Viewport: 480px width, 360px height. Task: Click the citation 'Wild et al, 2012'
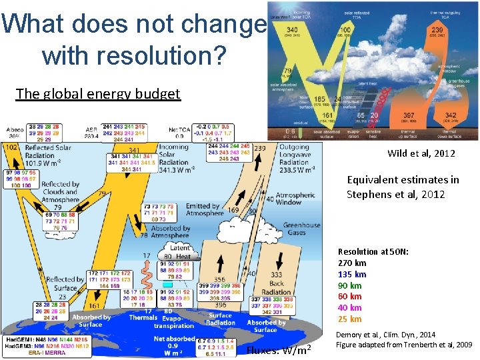(x=421, y=154)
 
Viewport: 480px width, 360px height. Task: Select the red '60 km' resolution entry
(x=350, y=297)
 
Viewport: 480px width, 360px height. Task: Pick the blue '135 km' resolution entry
(x=352, y=274)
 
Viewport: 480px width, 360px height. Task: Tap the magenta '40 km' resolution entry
(x=350, y=308)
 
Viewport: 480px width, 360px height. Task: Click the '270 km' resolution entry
(x=352, y=263)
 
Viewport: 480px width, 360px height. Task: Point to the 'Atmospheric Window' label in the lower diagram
(x=298, y=198)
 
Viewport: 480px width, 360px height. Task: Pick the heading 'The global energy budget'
(x=98, y=93)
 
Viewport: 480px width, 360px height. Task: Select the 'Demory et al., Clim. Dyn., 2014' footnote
(x=386, y=335)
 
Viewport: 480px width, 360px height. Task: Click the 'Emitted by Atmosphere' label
(x=203, y=210)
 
